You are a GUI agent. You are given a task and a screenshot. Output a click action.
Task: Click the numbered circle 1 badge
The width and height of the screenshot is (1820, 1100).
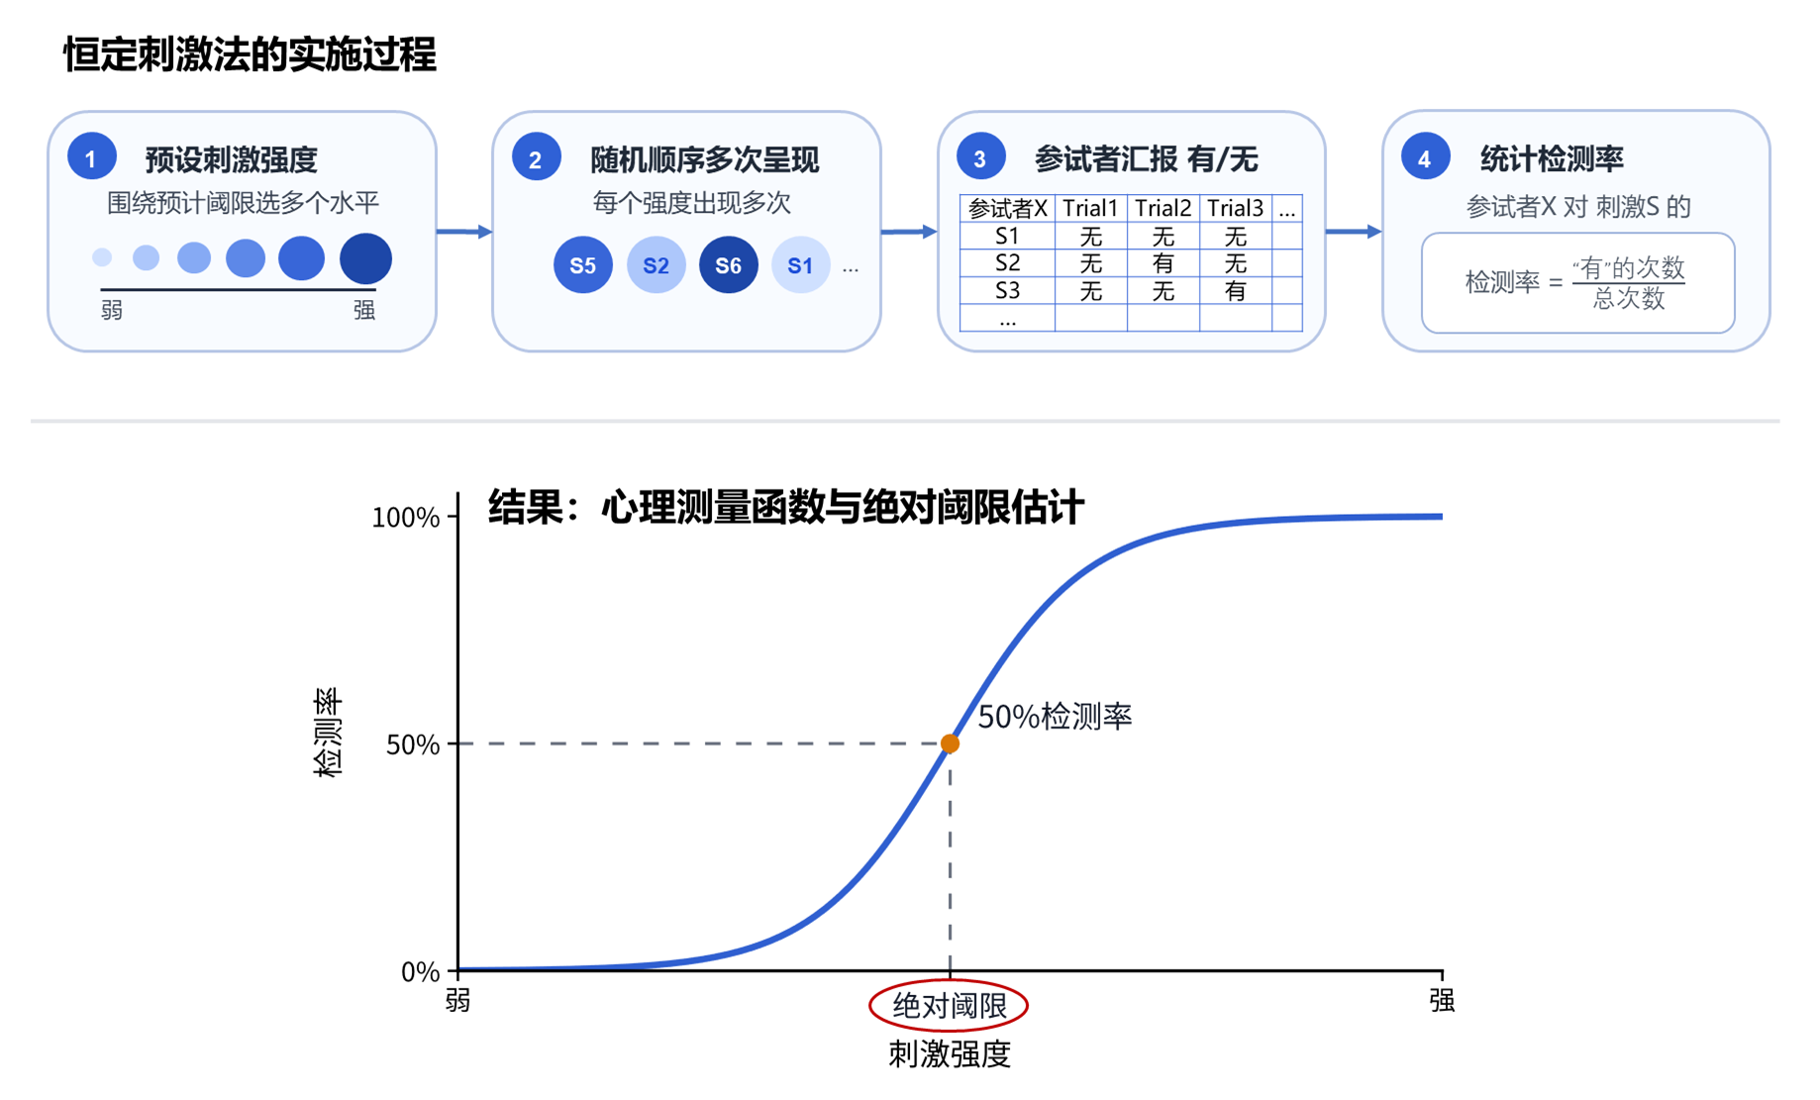pos(92,158)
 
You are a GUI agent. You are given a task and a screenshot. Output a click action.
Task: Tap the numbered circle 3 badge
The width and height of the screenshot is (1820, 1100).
pos(980,158)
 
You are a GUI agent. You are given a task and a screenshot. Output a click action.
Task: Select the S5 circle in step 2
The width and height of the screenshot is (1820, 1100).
pos(583,265)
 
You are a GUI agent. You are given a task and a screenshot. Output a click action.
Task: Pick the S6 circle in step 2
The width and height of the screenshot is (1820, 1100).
pos(729,265)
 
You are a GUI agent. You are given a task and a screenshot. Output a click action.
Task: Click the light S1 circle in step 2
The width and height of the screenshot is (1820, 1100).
pos(800,265)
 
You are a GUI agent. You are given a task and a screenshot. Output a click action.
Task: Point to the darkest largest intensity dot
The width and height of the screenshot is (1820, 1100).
pos(365,258)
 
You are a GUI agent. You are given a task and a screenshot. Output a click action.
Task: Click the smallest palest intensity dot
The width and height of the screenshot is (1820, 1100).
pos(102,257)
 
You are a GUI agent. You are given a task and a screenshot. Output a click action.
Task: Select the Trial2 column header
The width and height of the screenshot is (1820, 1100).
pos(1163,209)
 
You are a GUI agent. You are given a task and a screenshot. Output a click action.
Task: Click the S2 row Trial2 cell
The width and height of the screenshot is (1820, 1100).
pos(1163,263)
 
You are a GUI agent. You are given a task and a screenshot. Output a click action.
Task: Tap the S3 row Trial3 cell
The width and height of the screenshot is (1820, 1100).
pos(1235,291)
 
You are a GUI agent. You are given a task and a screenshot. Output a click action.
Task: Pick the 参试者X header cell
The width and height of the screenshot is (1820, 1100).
pos(1007,209)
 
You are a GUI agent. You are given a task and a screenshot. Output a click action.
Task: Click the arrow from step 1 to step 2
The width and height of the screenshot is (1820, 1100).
pos(464,232)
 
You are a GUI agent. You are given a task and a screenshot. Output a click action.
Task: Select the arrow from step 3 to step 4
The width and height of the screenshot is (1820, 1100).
pos(1354,232)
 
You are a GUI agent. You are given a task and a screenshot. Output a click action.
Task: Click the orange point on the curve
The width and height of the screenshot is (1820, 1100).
pos(950,744)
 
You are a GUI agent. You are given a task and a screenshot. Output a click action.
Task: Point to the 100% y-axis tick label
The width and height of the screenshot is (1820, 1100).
pos(405,517)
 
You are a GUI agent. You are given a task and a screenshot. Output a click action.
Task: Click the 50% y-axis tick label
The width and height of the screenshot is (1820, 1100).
pos(413,745)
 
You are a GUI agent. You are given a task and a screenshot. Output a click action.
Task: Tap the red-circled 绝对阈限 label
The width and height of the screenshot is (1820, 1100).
pos(949,1006)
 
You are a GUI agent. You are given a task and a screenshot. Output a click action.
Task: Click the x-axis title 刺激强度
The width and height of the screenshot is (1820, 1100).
pos(949,1054)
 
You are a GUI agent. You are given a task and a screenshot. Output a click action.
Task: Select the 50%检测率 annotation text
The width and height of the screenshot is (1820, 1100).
pos(1055,717)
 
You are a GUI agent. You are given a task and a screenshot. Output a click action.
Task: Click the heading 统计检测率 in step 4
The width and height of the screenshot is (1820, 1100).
pos(1552,158)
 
